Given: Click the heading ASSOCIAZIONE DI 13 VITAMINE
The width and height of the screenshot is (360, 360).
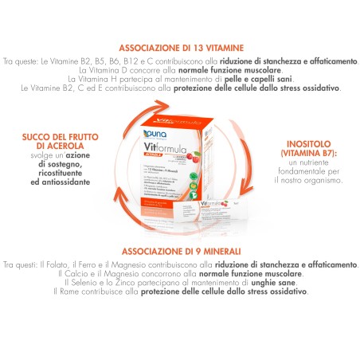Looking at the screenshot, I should [x=180, y=47].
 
